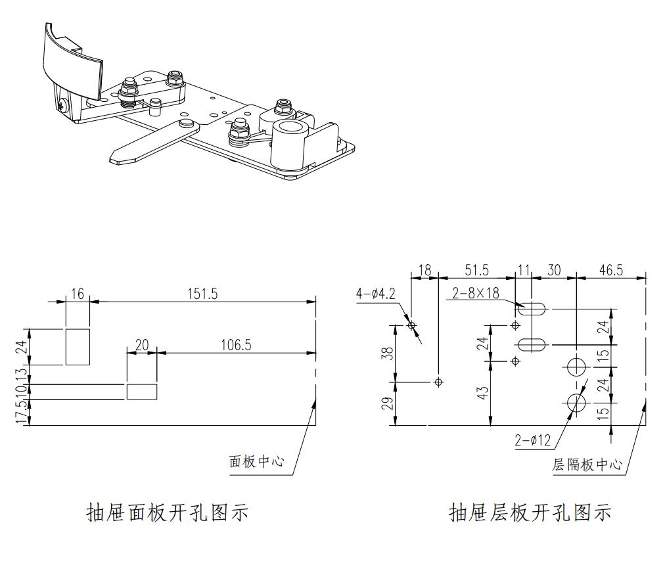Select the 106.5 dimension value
coord(235,345)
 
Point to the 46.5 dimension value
coord(610,271)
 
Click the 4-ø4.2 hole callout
coord(376,294)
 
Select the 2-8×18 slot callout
coord(475,294)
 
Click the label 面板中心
coord(256,461)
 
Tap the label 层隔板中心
coord(587,465)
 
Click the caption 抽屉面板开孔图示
coord(168,512)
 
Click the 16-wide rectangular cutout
coord(78,346)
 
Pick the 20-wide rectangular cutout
coord(141,391)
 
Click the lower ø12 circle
coord(576,403)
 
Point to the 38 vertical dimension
coord(387,353)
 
